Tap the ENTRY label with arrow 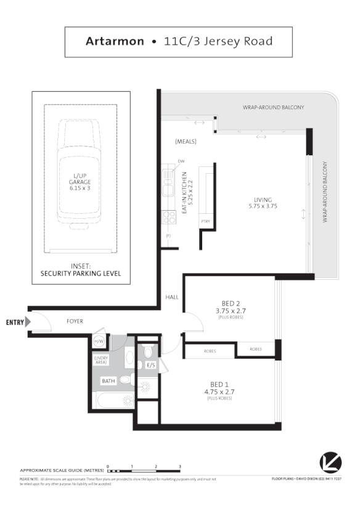[17, 322]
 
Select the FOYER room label [75, 322]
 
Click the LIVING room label [263, 199]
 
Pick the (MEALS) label [186, 142]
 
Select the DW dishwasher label [181, 162]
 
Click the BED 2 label [231, 303]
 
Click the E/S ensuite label [151, 365]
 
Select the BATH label [108, 381]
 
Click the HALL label [172, 297]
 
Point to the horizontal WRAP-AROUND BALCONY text [273, 107]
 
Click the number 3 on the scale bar [180, 466]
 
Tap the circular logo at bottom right [330, 462]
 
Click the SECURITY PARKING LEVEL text [81, 273]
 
